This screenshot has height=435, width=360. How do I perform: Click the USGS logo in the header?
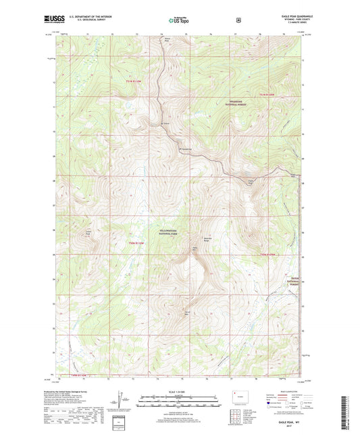tap(49, 21)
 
